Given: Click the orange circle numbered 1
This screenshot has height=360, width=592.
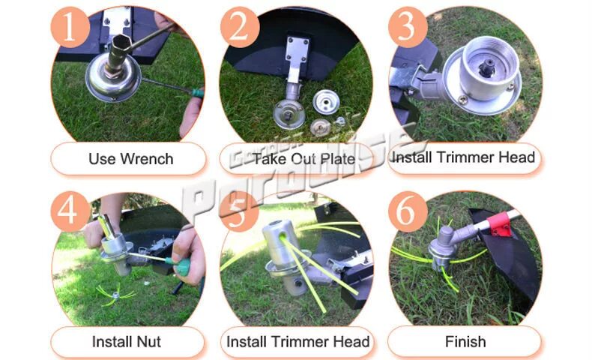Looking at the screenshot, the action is click(x=70, y=28).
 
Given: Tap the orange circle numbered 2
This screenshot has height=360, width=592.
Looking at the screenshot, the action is click(x=240, y=28).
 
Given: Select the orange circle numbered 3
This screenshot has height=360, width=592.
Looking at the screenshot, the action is click(x=408, y=28).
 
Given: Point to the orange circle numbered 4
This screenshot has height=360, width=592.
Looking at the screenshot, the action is click(x=70, y=211).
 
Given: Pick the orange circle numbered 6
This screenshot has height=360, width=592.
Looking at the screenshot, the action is click(x=408, y=211).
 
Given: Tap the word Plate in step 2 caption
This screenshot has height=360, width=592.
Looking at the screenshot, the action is click(x=337, y=159).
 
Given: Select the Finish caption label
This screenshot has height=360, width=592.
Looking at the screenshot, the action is click(x=465, y=342).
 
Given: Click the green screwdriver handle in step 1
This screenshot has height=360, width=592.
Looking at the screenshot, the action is click(x=198, y=92).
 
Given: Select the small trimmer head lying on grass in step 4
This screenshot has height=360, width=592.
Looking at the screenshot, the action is click(x=115, y=294).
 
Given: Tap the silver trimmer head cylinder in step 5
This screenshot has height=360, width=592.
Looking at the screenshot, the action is click(x=280, y=242).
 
